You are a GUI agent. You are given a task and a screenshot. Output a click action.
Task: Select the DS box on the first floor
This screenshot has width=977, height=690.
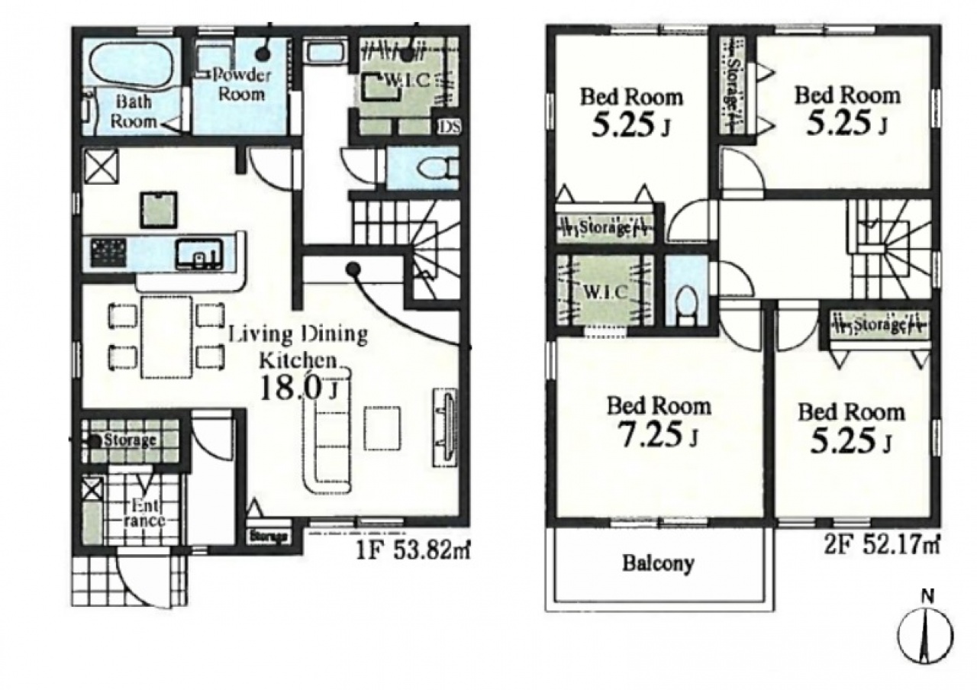[449, 127]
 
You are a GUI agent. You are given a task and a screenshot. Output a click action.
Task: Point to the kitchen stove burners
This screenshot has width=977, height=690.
[108, 253]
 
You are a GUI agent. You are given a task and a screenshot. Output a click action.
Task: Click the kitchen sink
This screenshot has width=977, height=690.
[199, 254]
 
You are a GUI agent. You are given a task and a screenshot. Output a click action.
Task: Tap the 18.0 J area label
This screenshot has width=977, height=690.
[299, 389]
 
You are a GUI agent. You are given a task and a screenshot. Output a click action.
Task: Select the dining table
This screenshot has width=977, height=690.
[166, 337]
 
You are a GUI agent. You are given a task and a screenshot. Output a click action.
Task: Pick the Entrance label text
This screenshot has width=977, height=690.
[143, 514]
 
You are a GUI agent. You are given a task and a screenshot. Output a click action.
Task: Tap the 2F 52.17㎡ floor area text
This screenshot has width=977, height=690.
[882, 546]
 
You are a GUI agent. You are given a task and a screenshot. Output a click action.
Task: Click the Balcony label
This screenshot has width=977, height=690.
[658, 563]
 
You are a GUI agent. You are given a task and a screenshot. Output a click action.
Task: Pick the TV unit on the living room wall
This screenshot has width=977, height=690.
[445, 427]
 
